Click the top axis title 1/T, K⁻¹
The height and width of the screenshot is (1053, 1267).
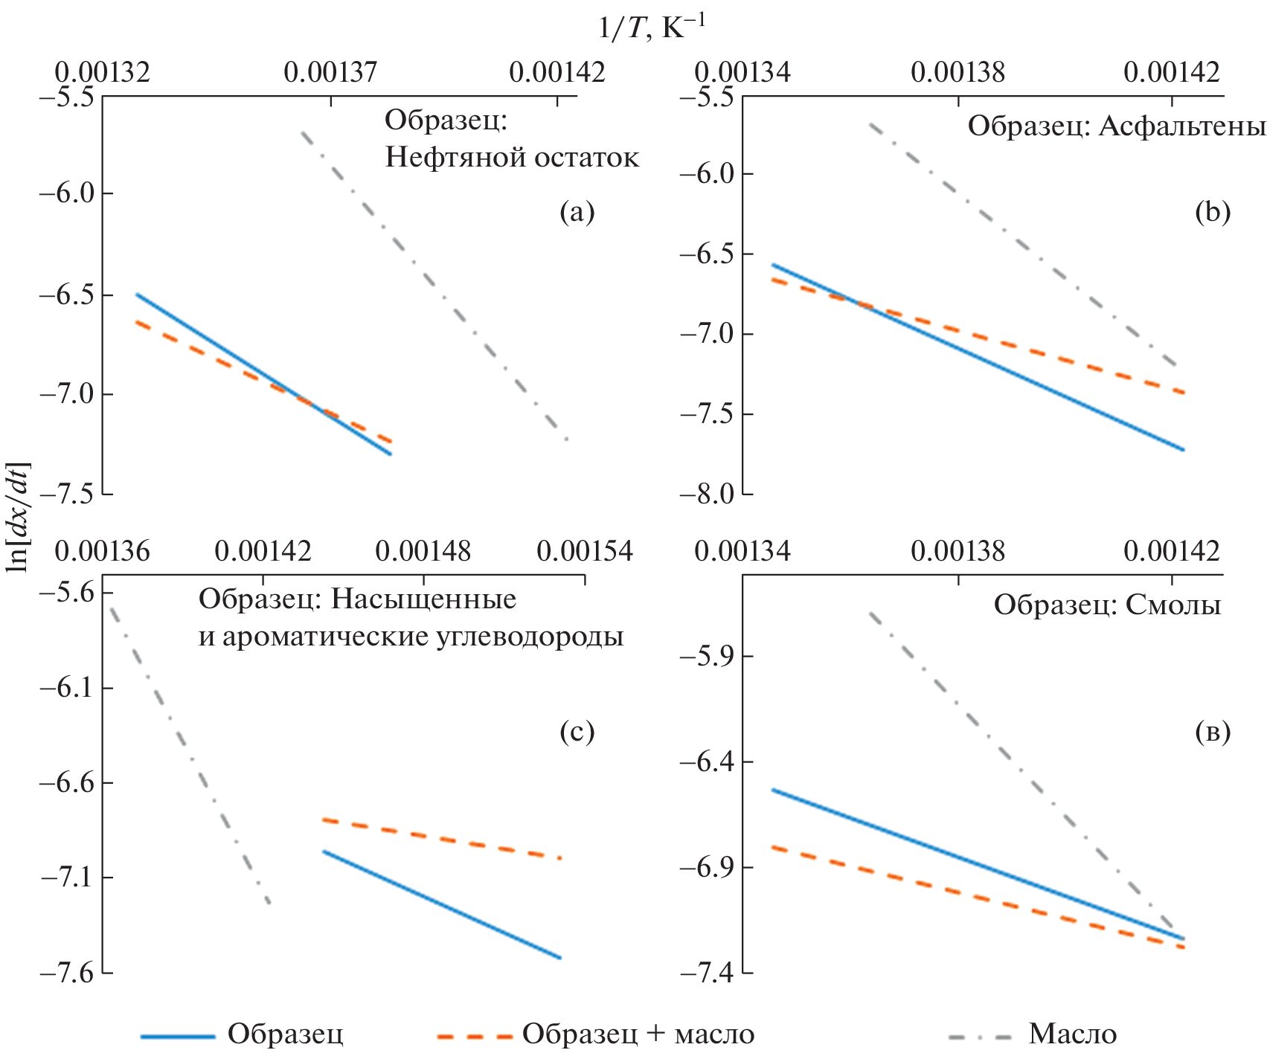[652, 28]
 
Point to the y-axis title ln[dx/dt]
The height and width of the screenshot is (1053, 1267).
[16, 517]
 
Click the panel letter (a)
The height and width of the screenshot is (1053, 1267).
[577, 213]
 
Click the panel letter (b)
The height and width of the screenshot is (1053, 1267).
[1213, 213]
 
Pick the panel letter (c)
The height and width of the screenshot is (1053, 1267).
[577, 732]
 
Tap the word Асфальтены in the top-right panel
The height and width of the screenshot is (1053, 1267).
[1182, 127]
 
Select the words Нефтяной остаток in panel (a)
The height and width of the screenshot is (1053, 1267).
[512, 158]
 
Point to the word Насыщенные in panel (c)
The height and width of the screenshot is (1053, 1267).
[423, 599]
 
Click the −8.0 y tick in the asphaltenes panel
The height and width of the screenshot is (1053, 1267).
[705, 494]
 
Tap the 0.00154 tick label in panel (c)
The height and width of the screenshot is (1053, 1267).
[585, 552]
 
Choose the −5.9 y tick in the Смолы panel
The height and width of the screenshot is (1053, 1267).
[705, 656]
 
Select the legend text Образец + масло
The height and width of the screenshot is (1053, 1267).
[638, 1034]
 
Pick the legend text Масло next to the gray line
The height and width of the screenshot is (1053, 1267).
[1072, 1034]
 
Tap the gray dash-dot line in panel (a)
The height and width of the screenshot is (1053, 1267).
[432, 283]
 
